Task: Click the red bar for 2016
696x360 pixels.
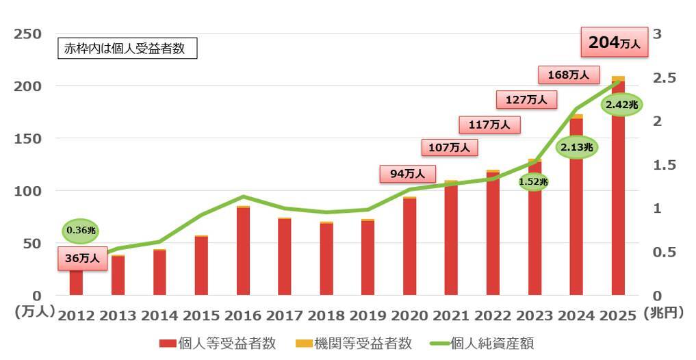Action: coord(243,250)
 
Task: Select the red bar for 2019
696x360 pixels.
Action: coord(368,258)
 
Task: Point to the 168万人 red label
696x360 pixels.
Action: coord(568,75)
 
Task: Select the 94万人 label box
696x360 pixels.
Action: coord(407,174)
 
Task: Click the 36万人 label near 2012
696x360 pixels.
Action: coord(82,258)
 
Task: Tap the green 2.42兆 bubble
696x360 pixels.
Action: coord(621,105)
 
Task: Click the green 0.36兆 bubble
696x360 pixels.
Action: coord(81,231)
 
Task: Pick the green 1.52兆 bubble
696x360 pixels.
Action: coord(533,181)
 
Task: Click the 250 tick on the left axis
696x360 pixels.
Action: coord(28,34)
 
